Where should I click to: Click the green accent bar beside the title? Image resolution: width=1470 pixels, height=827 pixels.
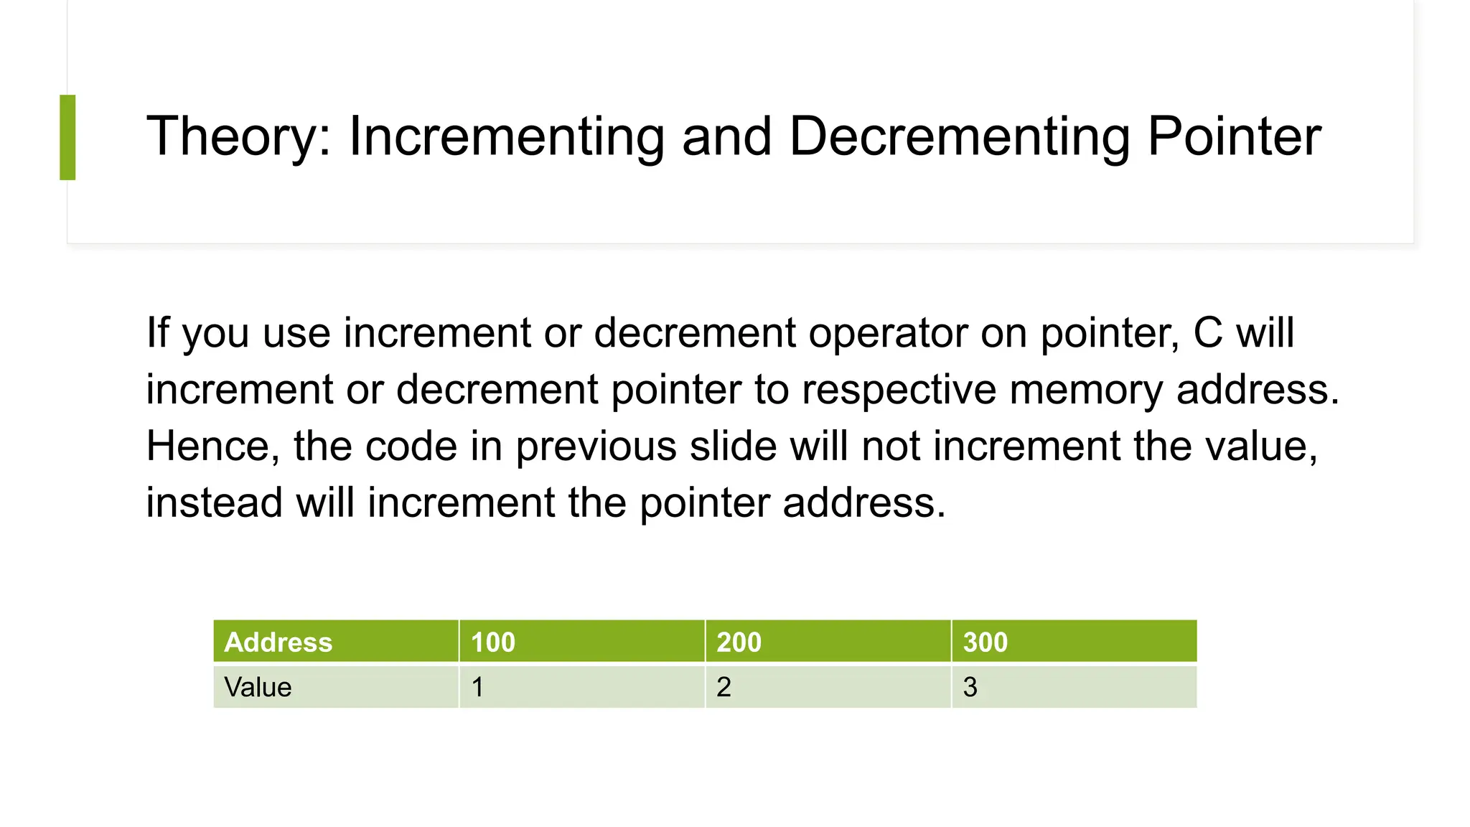pos(67,137)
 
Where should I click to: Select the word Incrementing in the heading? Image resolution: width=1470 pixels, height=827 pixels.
pos(506,136)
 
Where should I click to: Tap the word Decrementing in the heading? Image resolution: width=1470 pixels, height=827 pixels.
pos(960,136)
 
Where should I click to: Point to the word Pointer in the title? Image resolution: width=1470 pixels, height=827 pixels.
pos(1234,136)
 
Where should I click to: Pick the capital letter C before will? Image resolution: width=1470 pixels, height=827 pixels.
pos(1208,333)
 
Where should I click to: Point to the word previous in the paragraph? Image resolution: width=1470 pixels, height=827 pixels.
pos(596,446)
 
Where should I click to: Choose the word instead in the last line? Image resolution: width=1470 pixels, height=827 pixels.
pos(214,502)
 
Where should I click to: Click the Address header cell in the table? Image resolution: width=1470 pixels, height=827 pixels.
pos(335,642)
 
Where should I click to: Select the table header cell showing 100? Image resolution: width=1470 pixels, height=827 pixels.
pos(581,642)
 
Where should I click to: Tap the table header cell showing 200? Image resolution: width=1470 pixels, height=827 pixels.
pos(828,642)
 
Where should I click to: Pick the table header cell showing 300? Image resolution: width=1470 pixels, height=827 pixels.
pos(1074,642)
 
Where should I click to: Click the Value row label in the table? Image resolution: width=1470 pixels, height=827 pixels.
pos(335,687)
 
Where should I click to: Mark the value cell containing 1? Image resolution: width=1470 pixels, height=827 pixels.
pos(581,687)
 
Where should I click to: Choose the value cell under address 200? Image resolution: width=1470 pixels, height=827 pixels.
pos(828,687)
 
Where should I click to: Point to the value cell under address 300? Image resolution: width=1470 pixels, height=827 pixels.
pos(1074,687)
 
